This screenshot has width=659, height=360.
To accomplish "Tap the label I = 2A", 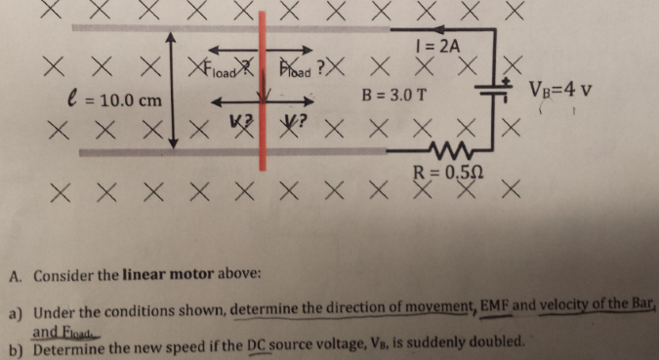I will pos(436,45).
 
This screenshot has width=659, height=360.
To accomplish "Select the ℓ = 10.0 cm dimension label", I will pos(102,100).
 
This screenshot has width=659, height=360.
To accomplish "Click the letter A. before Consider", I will pos(16,275).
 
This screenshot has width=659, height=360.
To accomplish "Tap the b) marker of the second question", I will pos(16,344).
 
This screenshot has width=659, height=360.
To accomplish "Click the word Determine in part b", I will pos(67,343).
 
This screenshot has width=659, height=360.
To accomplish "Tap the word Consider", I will pos(63,275).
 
